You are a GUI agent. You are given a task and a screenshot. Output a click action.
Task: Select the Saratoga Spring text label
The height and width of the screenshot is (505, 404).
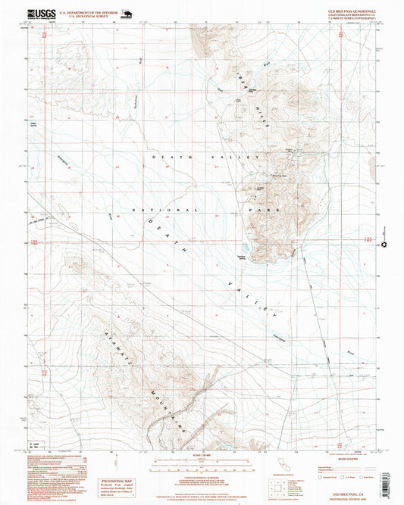[x=244, y=257]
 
